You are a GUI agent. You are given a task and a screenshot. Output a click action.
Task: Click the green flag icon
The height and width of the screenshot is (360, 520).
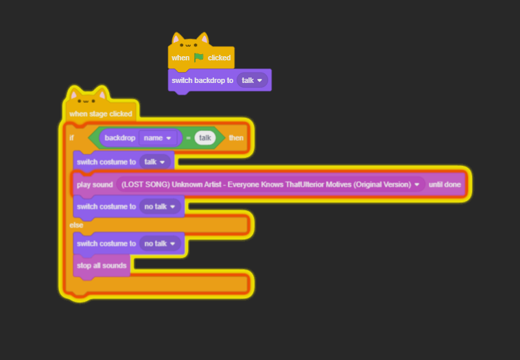coord(199,58)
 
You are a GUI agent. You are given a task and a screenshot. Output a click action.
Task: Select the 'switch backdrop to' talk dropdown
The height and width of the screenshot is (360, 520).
coord(252,80)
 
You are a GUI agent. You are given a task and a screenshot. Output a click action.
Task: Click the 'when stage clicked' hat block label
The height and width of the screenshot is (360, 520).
coord(100,114)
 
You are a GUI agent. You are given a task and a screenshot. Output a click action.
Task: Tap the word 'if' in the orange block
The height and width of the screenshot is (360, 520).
coord(71,138)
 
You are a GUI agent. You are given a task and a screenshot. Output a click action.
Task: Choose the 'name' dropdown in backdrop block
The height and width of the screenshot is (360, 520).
coord(158,138)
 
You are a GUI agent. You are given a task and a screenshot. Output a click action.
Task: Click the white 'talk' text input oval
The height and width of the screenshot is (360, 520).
coord(204,138)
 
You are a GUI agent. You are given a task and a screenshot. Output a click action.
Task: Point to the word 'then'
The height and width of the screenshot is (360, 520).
coord(236,138)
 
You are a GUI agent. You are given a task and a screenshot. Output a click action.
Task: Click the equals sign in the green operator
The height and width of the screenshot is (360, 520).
coord(188,138)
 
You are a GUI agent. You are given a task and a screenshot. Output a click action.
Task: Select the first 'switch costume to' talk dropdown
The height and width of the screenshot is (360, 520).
coord(156,162)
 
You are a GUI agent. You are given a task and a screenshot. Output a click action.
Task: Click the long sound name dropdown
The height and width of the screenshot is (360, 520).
coord(270,184)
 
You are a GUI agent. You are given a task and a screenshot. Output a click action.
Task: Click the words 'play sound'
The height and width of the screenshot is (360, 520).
coord(95,184)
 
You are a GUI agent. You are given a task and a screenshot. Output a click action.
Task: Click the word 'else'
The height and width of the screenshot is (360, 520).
coord(76,224)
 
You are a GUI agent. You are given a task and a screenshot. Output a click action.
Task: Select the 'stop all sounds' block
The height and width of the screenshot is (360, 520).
coord(102,265)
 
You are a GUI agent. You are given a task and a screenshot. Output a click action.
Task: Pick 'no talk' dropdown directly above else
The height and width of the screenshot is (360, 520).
coord(160,206)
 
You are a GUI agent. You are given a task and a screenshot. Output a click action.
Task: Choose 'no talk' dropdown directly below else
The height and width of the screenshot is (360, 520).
coord(160,243)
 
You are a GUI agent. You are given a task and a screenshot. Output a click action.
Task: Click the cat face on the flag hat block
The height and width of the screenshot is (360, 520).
coord(190,44)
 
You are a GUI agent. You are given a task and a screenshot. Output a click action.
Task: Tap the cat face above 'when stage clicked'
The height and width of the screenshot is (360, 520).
coord(88,99)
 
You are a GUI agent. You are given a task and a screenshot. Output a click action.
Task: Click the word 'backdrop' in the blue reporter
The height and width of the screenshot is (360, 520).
coord(121,138)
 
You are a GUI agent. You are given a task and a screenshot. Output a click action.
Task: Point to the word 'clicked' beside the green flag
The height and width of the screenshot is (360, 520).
coord(220,58)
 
